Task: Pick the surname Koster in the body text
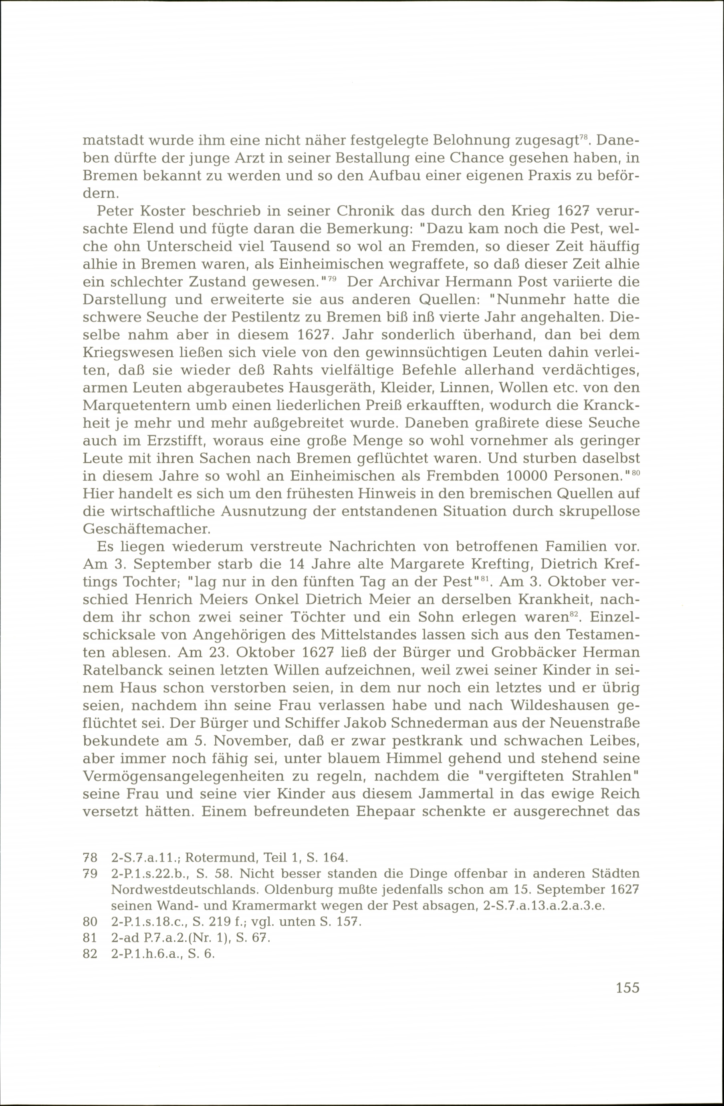[x=157, y=211]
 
